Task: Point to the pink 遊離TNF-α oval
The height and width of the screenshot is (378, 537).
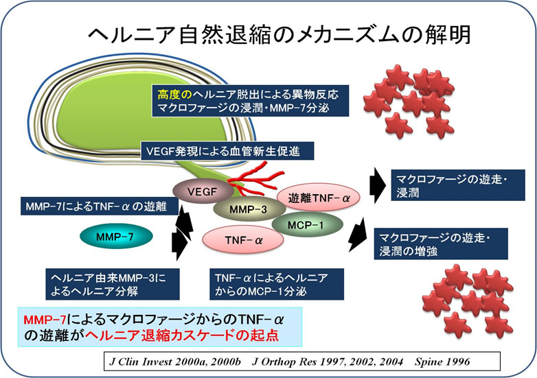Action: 320,198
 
